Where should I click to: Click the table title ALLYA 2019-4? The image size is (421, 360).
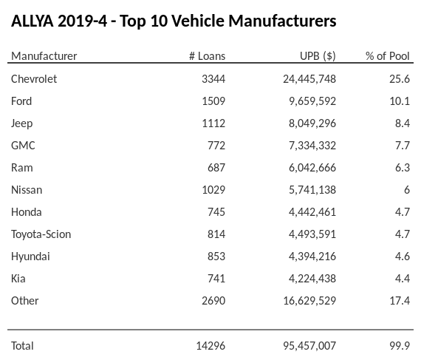tap(174, 21)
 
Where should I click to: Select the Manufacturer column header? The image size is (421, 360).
tap(44, 56)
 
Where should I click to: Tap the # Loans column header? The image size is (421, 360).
tap(208, 56)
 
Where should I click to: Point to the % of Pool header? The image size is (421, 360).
tap(388, 56)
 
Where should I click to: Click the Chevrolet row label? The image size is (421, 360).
tap(34, 79)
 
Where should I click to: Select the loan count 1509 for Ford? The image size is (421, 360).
tap(213, 101)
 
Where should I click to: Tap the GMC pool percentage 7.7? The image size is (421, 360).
tap(402, 146)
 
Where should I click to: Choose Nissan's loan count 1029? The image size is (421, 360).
tap(213, 190)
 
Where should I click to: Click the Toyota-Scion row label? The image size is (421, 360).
tap(41, 234)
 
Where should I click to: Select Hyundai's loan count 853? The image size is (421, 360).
tap(215, 257)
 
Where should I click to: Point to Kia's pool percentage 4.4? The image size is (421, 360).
tap(402, 279)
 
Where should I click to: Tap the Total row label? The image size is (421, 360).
tap(23, 345)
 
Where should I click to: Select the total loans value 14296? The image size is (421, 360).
tap(210, 345)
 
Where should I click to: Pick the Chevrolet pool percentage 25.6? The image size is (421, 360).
tap(400, 79)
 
